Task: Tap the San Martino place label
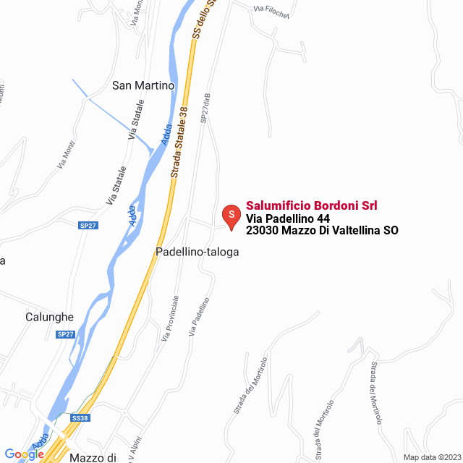(143, 85)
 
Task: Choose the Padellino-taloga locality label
(197, 252)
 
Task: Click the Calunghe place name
(49, 317)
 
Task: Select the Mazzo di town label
(93, 457)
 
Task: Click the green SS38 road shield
(80, 418)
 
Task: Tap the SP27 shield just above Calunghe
(65, 334)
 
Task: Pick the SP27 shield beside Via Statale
(88, 226)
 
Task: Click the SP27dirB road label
(205, 108)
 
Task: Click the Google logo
(24, 454)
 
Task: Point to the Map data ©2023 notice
(430, 457)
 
